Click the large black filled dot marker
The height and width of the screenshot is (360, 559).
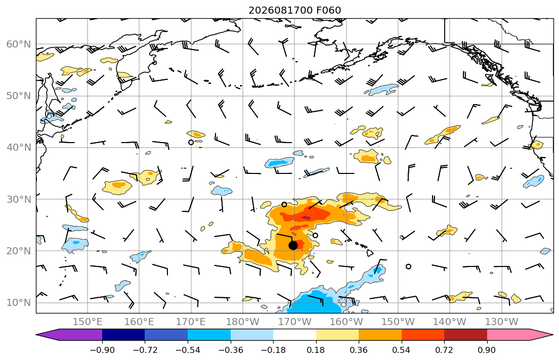click(293, 245)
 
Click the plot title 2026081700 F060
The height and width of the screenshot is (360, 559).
click(294, 10)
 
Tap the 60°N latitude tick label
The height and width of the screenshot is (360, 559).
click(19, 44)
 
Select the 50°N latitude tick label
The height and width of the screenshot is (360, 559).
click(19, 96)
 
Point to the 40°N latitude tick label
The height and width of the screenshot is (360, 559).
click(19, 148)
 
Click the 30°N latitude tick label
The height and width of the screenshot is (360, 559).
click(19, 199)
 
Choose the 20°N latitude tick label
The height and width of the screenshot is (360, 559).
click(19, 251)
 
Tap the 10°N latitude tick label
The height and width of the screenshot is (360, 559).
click(19, 303)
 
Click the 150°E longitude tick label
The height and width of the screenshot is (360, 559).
click(88, 322)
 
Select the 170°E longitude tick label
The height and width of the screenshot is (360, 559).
click(191, 322)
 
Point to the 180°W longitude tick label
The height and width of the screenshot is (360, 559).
click(243, 322)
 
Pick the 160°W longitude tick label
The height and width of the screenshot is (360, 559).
click(346, 322)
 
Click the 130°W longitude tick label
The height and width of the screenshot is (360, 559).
click(502, 322)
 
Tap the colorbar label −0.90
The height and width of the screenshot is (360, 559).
click(102, 350)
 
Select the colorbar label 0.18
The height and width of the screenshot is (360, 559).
click(316, 350)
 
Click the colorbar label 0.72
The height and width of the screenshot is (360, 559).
click(444, 350)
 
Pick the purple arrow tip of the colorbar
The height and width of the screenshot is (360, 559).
click(36, 335)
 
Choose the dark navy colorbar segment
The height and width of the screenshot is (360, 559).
click(123, 335)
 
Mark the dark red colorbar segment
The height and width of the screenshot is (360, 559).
click(465, 335)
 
